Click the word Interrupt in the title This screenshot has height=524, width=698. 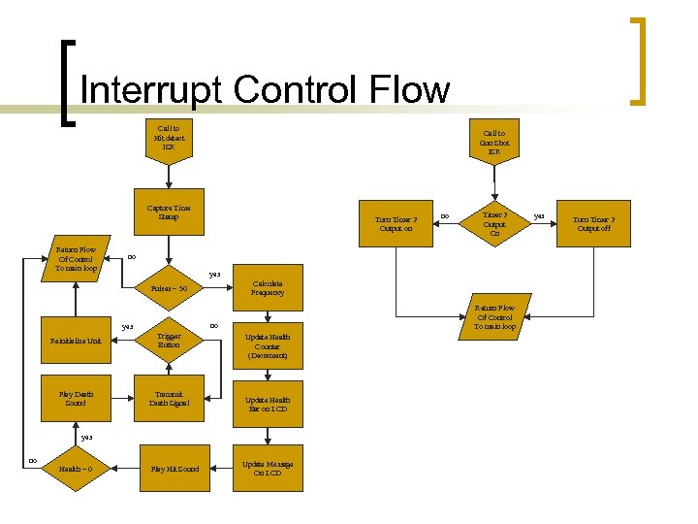point(152,90)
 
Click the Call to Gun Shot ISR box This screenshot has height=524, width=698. point(494,143)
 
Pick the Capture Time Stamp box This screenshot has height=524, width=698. point(169,212)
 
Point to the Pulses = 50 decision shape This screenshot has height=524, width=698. point(169,287)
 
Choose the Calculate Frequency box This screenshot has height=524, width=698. point(268,286)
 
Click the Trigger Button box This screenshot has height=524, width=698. point(169,341)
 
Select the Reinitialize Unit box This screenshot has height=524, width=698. point(76,341)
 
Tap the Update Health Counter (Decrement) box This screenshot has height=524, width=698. point(267,346)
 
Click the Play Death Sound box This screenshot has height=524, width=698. point(76,398)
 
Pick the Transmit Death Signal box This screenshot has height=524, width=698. point(169,398)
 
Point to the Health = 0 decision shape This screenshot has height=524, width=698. point(76,469)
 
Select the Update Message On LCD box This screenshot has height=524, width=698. point(267,469)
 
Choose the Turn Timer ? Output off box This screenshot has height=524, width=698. point(594,224)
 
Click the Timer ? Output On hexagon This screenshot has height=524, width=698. point(494,224)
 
